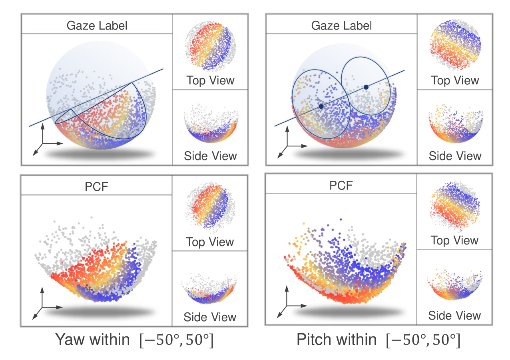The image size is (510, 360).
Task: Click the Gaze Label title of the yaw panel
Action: (97, 26)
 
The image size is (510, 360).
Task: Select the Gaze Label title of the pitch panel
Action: (341, 26)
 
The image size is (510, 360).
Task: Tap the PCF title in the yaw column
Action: (96, 187)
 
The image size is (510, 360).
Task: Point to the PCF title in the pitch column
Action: (341, 186)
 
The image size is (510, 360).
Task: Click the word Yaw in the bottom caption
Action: (70, 340)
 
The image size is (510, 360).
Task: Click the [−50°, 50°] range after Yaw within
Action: (176, 340)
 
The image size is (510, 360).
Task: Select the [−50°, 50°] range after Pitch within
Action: (423, 340)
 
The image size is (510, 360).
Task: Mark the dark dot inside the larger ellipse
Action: (321, 106)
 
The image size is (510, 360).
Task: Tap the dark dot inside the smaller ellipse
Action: (366, 87)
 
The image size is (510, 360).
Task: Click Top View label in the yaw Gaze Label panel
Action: (210, 80)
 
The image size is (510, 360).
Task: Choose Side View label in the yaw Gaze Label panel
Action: (210, 156)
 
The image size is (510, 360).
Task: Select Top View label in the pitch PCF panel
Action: (454, 240)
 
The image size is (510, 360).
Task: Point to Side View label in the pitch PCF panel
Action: (454, 316)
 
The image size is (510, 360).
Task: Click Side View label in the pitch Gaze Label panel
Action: (455, 156)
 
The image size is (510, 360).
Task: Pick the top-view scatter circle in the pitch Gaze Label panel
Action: (455, 45)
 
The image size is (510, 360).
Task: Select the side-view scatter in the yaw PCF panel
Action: (209, 289)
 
